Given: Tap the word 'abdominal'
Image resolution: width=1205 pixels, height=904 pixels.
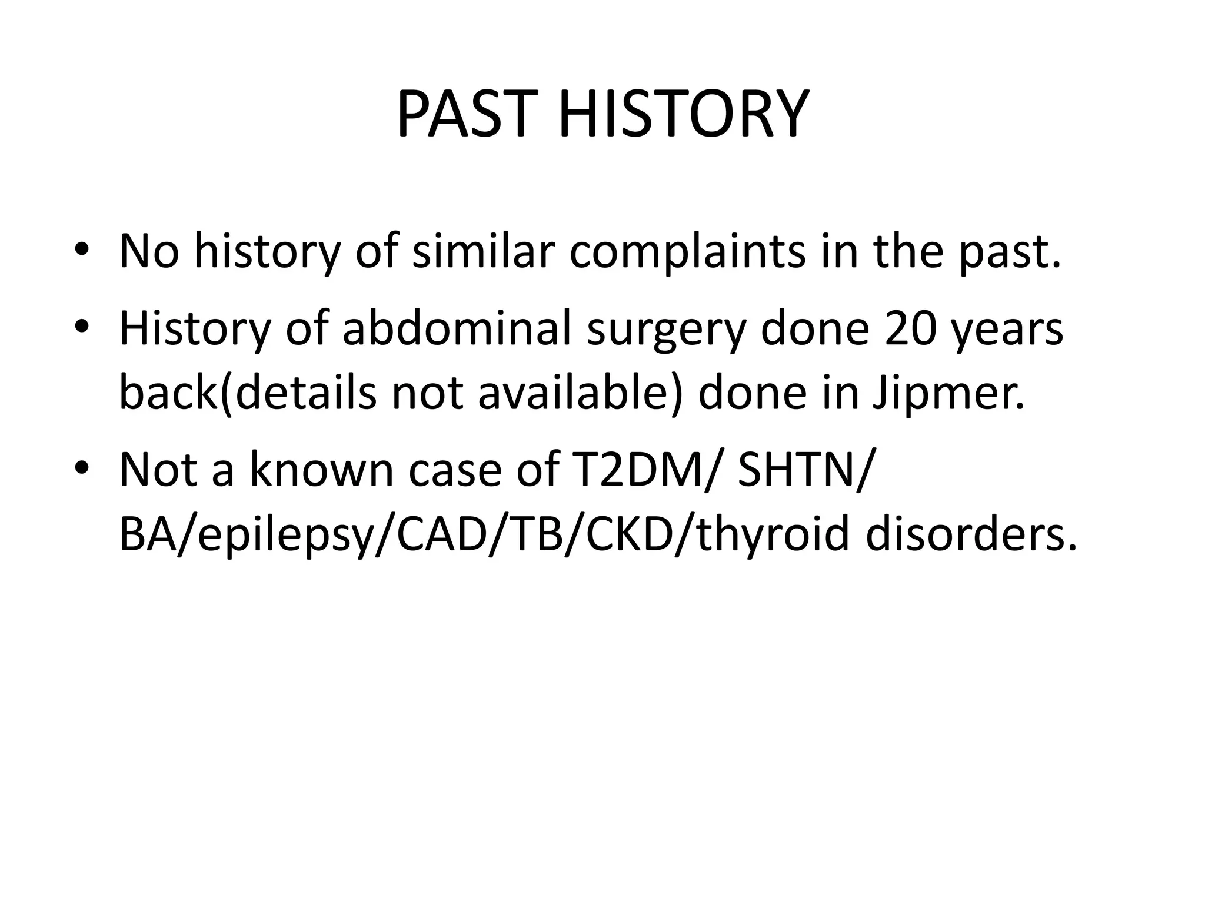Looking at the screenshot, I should [x=457, y=328].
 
